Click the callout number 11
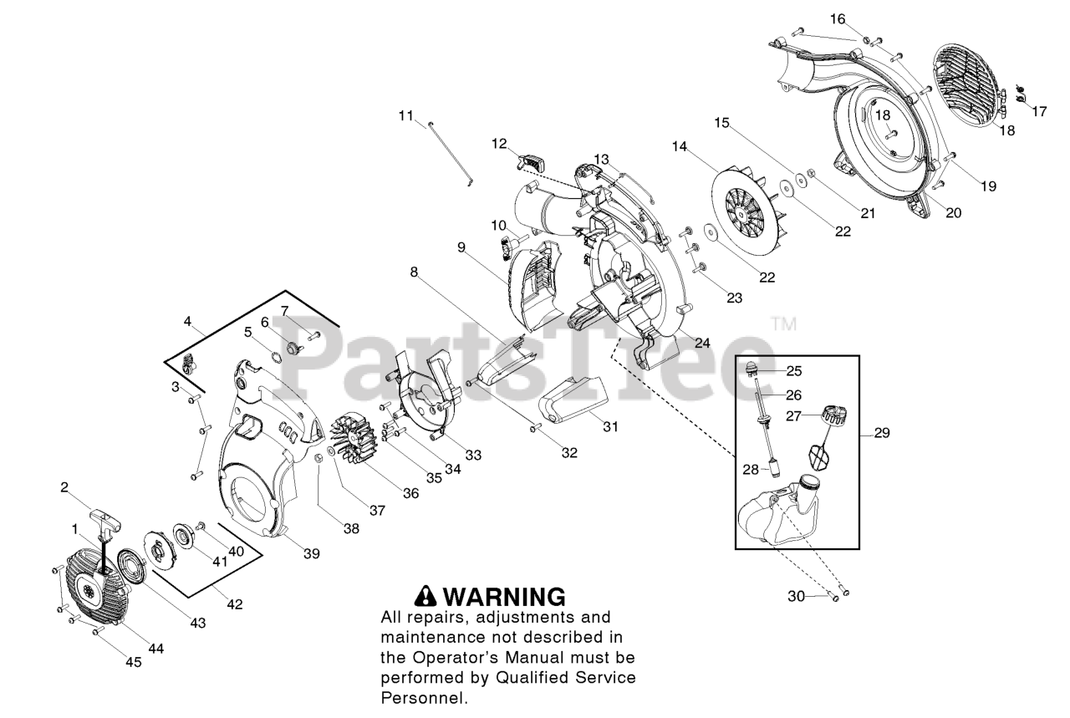pyautogui.click(x=405, y=115)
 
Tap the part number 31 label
pyautogui.click(x=611, y=426)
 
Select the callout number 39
pyautogui.click(x=311, y=553)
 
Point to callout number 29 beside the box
pyautogui.click(x=881, y=433)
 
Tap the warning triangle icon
pyautogui.click(x=426, y=596)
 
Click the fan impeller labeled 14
pyautogui.click(x=748, y=206)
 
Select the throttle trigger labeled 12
pyautogui.click(x=532, y=156)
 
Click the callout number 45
pyautogui.click(x=134, y=662)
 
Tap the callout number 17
pyautogui.click(x=1039, y=110)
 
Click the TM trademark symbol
pyautogui.click(x=783, y=323)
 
